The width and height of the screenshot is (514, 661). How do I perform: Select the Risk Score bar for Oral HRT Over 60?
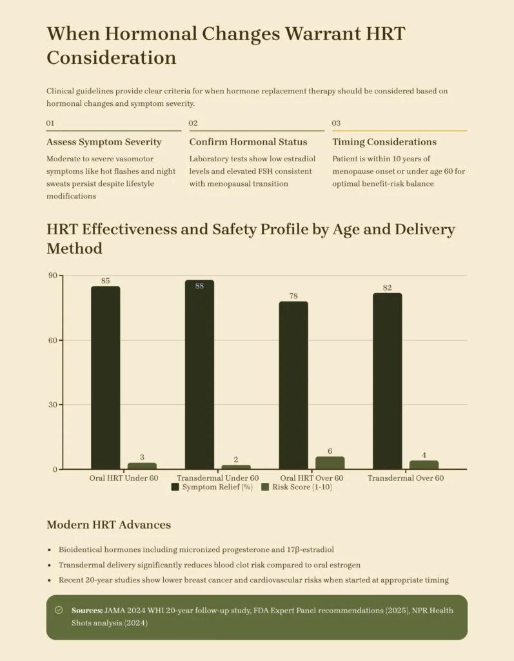tap(330, 462)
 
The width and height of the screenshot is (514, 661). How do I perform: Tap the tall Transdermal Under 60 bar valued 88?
tap(199, 374)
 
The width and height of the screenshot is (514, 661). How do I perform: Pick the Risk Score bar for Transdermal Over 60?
tap(424, 464)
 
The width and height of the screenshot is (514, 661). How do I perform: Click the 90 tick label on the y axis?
tap(52, 276)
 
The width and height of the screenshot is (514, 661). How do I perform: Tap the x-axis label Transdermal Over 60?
tap(406, 478)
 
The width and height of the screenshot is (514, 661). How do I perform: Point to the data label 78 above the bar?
tap(293, 296)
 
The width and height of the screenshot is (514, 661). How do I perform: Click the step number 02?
tap(193, 123)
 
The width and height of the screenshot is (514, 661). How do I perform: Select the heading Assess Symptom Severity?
tap(104, 142)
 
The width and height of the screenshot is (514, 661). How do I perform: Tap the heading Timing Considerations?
tap(384, 142)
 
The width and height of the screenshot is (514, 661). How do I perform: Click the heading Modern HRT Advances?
tap(108, 525)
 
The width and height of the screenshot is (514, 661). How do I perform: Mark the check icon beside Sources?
tap(59, 610)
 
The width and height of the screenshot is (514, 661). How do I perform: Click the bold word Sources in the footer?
tap(87, 610)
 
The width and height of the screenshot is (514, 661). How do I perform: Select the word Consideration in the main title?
tap(112, 57)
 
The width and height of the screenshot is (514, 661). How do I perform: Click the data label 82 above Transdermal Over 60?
tap(387, 288)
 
